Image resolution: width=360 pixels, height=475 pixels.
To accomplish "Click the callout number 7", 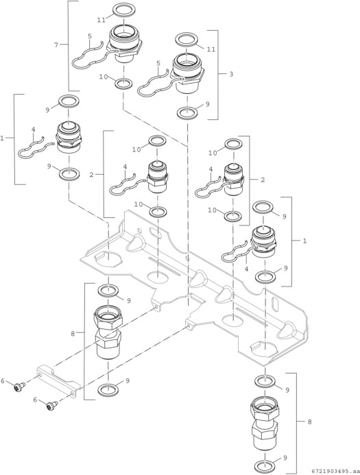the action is [x=56, y=45].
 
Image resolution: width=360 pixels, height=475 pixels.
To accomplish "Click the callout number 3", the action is [x=231, y=74].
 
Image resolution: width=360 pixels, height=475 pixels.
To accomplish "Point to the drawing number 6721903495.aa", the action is [x=336, y=471].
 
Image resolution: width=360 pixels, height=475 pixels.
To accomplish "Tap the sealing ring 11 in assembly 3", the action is [x=187, y=39].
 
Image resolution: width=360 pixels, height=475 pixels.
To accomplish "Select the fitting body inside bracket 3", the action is [x=188, y=73].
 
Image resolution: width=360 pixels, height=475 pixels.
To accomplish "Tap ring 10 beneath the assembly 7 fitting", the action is [x=123, y=84].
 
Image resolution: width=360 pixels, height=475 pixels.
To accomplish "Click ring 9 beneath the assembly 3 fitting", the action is [x=188, y=113].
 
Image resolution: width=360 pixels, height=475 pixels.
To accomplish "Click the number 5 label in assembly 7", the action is [x=90, y=36].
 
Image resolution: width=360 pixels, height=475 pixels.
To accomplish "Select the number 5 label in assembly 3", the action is [x=158, y=63].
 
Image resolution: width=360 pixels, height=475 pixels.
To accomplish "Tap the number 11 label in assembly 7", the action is [x=101, y=20].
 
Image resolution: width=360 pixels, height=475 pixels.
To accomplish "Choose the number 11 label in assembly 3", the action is [x=211, y=49].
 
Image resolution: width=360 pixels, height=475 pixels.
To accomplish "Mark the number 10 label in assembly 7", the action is [x=104, y=77].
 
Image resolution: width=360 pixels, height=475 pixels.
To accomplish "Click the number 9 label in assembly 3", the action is [x=208, y=104].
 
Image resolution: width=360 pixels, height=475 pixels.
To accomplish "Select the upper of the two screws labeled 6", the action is [x=19, y=387].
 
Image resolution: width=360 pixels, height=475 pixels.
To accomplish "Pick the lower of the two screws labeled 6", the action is [x=52, y=405].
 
